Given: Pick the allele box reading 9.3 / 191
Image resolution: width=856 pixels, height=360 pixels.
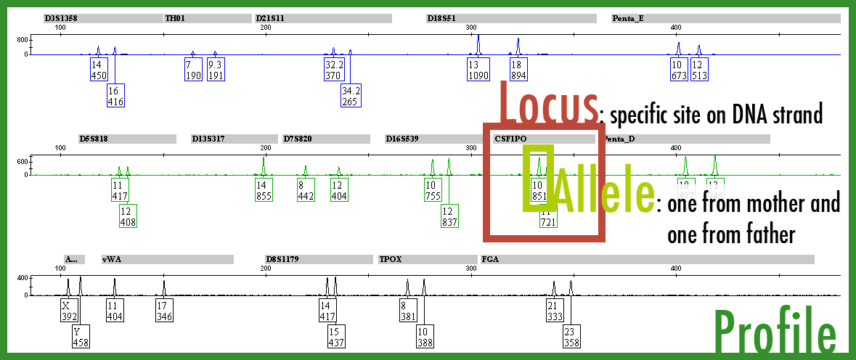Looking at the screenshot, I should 216,70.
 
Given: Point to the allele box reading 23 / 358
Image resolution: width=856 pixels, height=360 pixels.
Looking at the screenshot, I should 571,337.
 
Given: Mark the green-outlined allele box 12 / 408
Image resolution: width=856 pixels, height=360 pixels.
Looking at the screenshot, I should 128,216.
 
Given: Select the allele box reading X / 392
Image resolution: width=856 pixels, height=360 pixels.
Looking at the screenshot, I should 68,311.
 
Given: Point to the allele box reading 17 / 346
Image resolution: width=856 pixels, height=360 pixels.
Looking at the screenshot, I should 164,311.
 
